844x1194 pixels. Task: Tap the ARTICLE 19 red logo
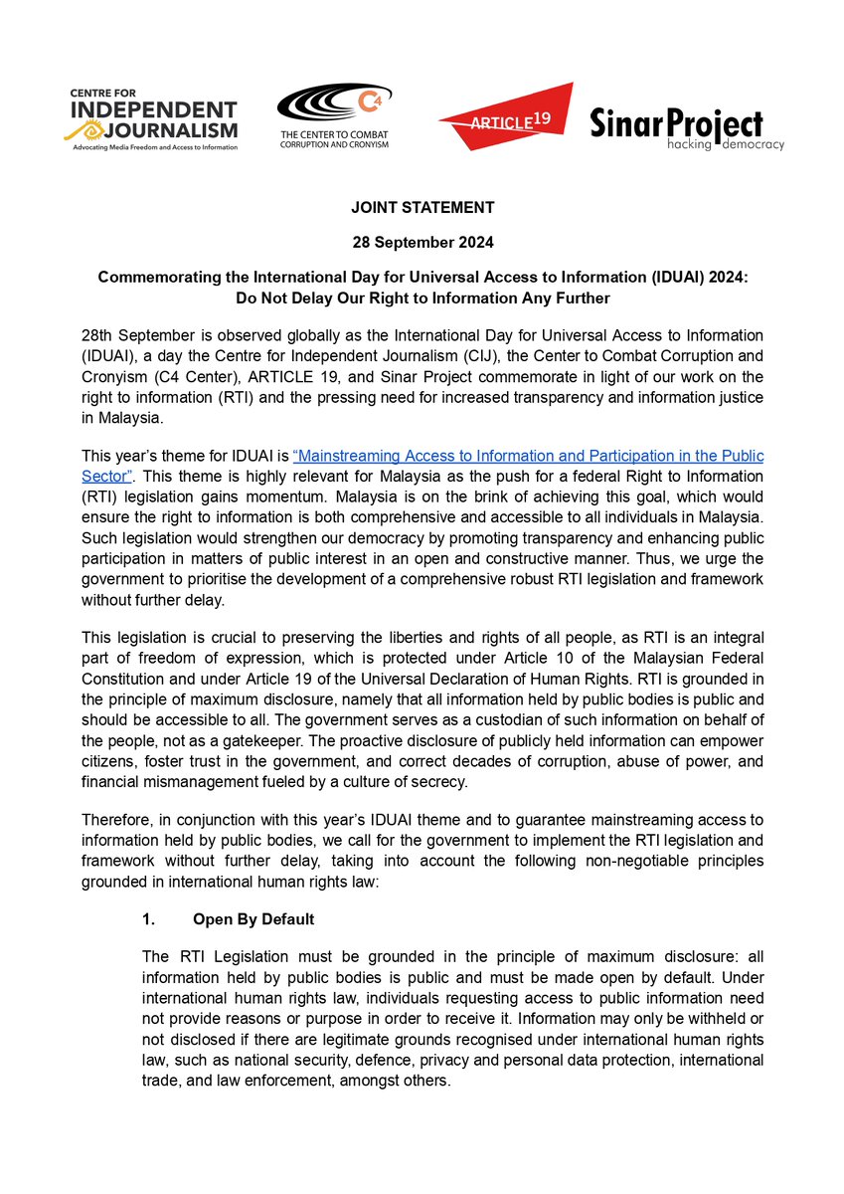click(x=505, y=118)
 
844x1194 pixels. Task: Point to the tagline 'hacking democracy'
click(x=726, y=145)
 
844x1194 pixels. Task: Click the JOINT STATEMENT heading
click(x=422, y=207)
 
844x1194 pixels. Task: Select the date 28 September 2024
click(x=422, y=243)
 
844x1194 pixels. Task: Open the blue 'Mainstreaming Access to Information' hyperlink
click(x=528, y=456)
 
